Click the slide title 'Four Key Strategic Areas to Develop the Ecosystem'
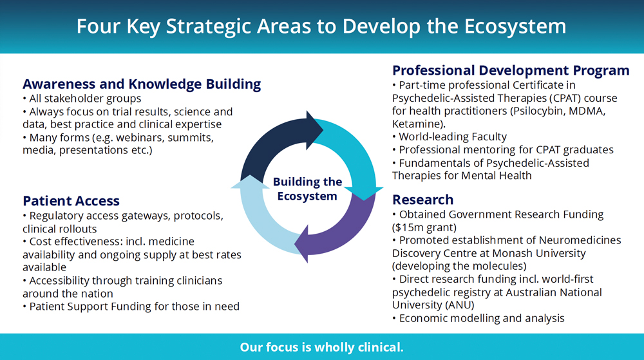tap(321, 26)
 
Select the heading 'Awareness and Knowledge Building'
tap(142, 84)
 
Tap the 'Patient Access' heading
tap(71, 201)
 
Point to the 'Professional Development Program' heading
tap(511, 71)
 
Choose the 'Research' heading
tap(422, 200)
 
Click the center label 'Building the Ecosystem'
tap(307, 189)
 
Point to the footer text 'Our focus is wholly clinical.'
tap(321, 347)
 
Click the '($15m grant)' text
tap(424, 227)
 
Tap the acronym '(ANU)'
tap(459, 305)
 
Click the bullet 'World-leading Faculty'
tap(450, 137)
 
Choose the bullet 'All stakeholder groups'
tap(82, 99)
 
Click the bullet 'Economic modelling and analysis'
tap(478, 318)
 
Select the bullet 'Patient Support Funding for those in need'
tap(131, 307)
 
